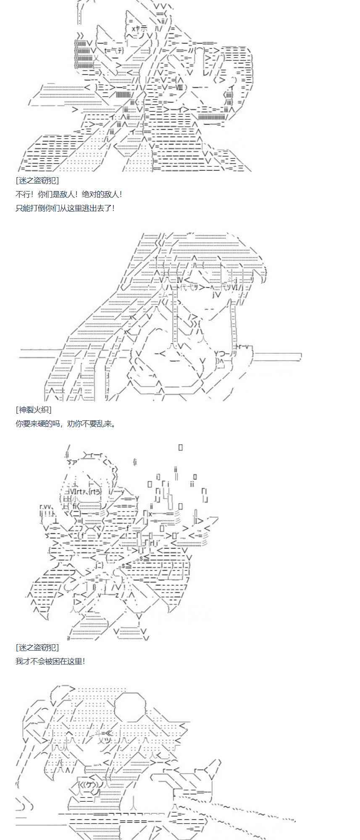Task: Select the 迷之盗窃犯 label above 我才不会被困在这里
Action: pyautogui.click(x=37, y=647)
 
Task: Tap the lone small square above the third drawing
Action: pyautogui.click(x=181, y=447)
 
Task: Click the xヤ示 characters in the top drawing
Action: pyautogui.click(x=139, y=29)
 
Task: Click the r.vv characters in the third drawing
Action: pyautogui.click(x=46, y=507)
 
